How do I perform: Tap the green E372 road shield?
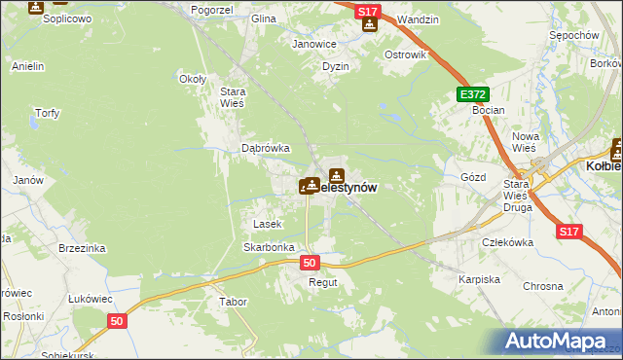[473, 93]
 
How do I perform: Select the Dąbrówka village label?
[266, 148]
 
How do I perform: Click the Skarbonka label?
[269, 247]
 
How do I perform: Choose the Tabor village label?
[234, 302]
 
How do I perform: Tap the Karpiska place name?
[479, 279]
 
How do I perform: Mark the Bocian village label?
[488, 111]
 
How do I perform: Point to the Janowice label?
[314, 44]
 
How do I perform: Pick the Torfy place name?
[48, 113]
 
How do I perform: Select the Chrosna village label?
[543, 286]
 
